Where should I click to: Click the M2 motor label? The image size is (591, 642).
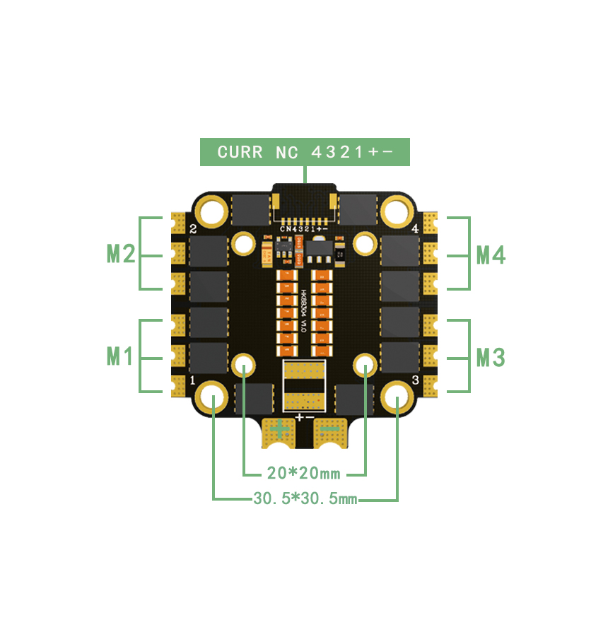[x=121, y=253]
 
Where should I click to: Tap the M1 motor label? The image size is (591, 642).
[x=120, y=356]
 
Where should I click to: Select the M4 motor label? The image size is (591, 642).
[x=491, y=254]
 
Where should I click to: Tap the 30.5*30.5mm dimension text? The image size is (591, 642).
[x=305, y=499]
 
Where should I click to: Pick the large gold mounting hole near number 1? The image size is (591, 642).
[x=212, y=397]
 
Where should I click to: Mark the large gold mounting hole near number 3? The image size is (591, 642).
[x=397, y=397]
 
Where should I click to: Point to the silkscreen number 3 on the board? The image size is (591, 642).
[x=415, y=380]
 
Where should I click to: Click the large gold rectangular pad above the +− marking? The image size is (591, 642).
[x=305, y=385]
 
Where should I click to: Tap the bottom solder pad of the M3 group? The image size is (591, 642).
[x=431, y=384]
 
